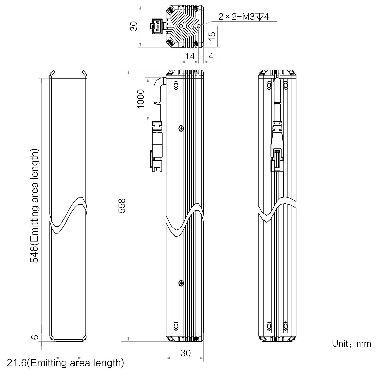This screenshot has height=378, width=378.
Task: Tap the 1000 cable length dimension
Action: (x=141, y=99)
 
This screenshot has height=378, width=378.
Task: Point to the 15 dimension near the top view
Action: (x=212, y=36)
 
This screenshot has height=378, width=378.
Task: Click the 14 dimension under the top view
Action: (x=190, y=56)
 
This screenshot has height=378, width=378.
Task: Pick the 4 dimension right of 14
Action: (x=211, y=56)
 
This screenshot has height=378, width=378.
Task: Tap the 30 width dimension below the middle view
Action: (x=185, y=353)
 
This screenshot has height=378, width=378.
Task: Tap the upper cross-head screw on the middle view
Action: (x=181, y=128)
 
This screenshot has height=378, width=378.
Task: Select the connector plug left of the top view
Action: (x=156, y=26)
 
